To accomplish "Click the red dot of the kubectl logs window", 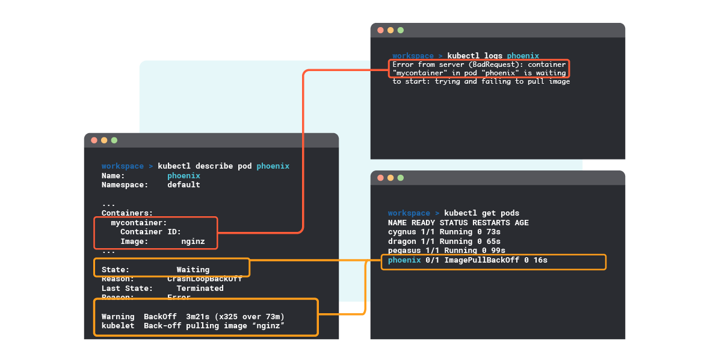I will pyautogui.click(x=380, y=30).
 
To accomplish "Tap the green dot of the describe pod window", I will pyautogui.click(x=114, y=140).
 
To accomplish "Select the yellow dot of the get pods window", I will pyautogui.click(x=390, y=178).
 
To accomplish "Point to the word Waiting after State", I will pyautogui.click(x=193, y=269).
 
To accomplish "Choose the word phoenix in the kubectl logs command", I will pyautogui.click(x=523, y=55).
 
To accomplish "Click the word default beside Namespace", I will pyautogui.click(x=184, y=185).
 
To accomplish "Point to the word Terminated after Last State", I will pyautogui.click(x=200, y=289).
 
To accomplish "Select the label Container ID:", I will pyautogui.click(x=150, y=232).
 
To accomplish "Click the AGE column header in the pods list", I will pyautogui.click(x=522, y=222).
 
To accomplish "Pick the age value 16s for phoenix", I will pyautogui.click(x=540, y=260).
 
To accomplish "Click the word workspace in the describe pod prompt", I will pyautogui.click(x=123, y=166).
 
